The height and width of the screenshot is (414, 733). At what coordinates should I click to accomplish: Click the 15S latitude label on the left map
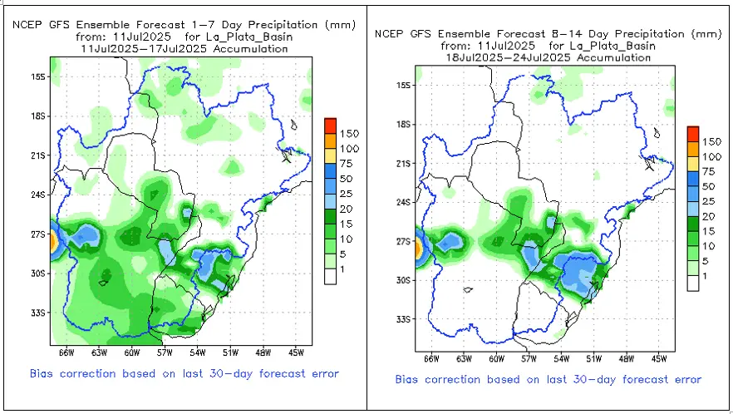tap(39, 76)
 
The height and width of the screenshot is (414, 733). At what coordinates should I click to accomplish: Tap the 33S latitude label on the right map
tap(404, 319)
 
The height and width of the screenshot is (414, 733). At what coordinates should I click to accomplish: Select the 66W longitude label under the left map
tap(66, 352)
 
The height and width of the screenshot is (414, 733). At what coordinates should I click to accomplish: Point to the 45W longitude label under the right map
tap(659, 359)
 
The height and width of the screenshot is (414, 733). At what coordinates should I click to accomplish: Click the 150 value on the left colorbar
tap(349, 134)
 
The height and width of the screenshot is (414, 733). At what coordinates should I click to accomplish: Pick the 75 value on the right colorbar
tap(709, 172)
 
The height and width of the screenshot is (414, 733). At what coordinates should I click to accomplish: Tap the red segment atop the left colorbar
tap(331, 126)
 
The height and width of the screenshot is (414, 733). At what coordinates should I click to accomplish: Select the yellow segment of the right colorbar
tap(693, 165)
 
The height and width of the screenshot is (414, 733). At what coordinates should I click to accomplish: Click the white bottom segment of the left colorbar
tap(331, 277)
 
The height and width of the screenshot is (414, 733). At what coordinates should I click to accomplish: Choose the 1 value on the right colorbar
tap(705, 277)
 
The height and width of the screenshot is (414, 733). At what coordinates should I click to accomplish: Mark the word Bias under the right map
tap(406, 379)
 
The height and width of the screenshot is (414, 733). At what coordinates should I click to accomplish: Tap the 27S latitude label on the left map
tap(39, 234)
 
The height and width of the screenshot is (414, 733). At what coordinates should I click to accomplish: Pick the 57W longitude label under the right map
tap(529, 359)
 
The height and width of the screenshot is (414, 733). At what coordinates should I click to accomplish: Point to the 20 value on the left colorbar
tap(346, 209)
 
